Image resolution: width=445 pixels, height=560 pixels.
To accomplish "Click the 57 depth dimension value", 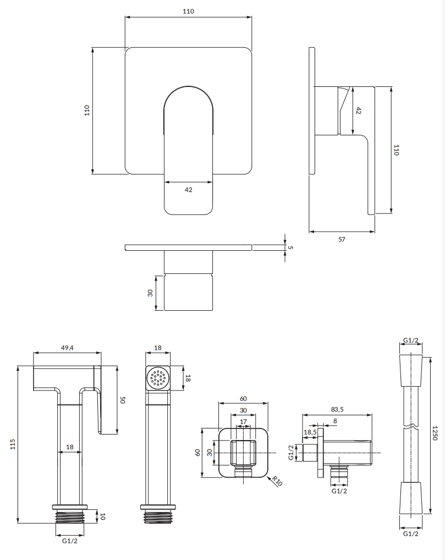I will [341, 239].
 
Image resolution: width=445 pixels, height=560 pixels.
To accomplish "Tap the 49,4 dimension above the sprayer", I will [67, 347].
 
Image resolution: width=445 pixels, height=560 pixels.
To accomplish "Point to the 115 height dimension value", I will [13, 444].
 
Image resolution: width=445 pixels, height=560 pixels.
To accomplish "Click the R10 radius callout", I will [277, 482].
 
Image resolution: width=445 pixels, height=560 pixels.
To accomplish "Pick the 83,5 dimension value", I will [337, 409].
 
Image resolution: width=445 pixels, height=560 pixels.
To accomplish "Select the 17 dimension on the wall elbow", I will [243, 422].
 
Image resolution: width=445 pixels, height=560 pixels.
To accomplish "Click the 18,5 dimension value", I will [310, 432].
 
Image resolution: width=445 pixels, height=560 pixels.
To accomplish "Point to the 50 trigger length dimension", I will [123, 399].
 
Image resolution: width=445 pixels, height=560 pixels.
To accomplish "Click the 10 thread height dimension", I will [102, 517].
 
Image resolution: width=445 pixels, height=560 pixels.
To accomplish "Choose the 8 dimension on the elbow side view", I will [334, 422].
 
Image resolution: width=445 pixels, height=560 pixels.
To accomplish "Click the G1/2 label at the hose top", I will [410, 341].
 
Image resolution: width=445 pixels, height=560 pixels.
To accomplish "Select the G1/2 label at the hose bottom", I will [410, 534].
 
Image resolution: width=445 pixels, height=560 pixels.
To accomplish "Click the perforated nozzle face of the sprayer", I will [158, 378].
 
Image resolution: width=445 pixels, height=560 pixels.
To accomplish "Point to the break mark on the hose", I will [410, 427].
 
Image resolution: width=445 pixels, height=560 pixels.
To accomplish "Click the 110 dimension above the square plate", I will [189, 12].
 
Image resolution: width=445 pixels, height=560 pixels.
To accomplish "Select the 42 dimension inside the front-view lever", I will [188, 190].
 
